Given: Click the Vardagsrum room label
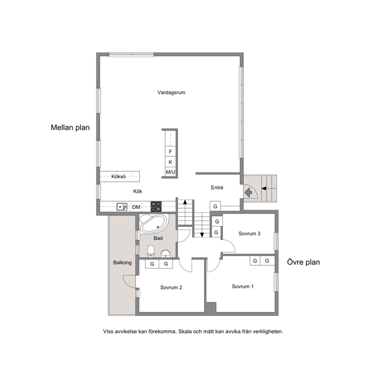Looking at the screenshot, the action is tap(171, 93).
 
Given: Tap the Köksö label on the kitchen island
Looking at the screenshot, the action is tap(118, 177).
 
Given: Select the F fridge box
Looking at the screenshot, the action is tap(170, 152).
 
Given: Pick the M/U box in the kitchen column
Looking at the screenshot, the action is tap(170, 172).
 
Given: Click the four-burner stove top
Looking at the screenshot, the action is tap(156, 207).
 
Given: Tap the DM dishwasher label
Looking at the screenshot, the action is tap(136, 207).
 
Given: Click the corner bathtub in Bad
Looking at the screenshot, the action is tap(153, 224).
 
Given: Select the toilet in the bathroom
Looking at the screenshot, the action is tap(151, 251).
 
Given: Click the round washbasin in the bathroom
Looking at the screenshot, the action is tap(166, 253).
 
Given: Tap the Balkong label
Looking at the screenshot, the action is tap(122, 263).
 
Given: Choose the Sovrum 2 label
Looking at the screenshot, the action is tap(171, 287).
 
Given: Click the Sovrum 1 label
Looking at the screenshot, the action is tap(242, 286).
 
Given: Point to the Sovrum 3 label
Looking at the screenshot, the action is tap(249, 234).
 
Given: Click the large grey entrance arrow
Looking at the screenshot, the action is tap(248, 193).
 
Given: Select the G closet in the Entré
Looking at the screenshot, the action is tap(215, 206).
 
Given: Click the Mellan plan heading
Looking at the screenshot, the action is tap(70, 128).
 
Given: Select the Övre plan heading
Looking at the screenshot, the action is tap(303, 262).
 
